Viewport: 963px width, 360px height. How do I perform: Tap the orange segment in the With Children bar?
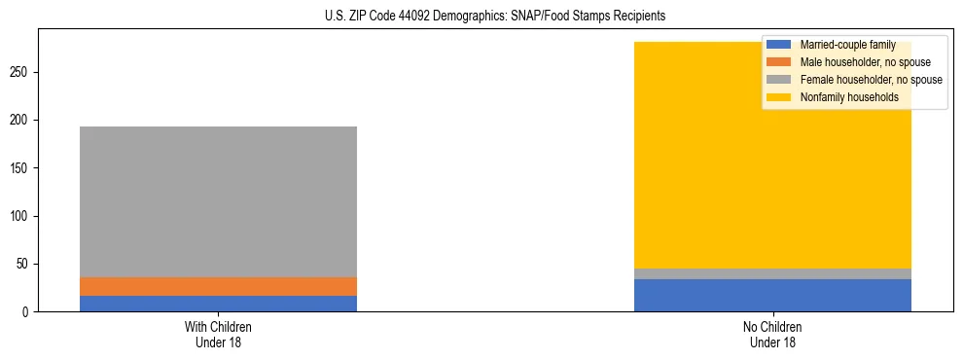tap(218, 286)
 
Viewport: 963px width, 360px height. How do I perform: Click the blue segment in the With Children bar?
tap(218, 304)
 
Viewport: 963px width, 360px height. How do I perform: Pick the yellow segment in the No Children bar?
tap(772, 165)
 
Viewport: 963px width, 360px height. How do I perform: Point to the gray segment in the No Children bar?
tap(772, 273)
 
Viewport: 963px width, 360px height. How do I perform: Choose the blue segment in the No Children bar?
tap(772, 295)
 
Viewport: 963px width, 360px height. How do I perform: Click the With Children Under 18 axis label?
tap(218, 334)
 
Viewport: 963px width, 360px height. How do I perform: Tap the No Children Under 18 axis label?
tap(772, 334)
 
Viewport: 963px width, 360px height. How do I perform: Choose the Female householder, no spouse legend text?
tap(871, 80)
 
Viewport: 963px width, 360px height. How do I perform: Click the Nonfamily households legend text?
tap(849, 97)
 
